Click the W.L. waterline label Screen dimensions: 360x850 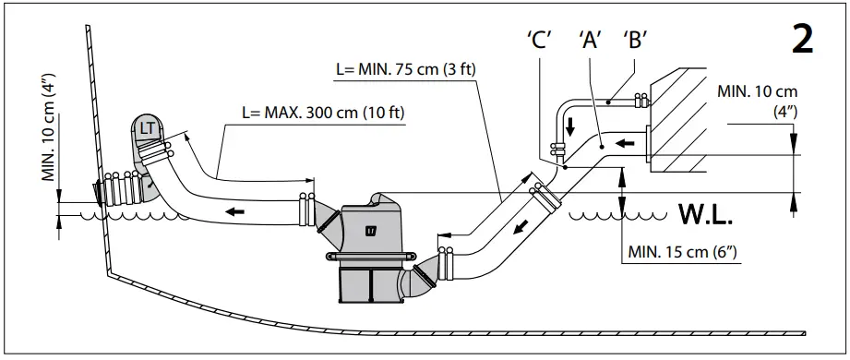(706, 218)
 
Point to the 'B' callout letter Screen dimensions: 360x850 (634, 41)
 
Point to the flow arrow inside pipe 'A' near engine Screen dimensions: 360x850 (627, 143)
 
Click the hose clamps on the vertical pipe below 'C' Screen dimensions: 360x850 (557, 148)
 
